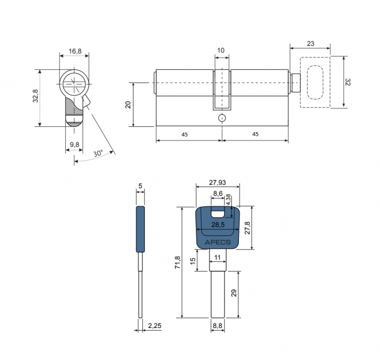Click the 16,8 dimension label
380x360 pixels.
[x=75, y=51]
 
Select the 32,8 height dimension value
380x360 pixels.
[x=36, y=96]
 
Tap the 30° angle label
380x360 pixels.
[x=98, y=153]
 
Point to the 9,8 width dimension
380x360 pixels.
[x=74, y=145]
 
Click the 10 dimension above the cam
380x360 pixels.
[x=221, y=50]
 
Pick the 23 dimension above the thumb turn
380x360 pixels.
[x=311, y=43]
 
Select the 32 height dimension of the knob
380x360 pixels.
[x=347, y=82]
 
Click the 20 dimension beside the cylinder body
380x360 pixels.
[x=128, y=105]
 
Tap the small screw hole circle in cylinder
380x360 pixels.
[x=222, y=118]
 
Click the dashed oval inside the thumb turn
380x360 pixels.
[x=315, y=82]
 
